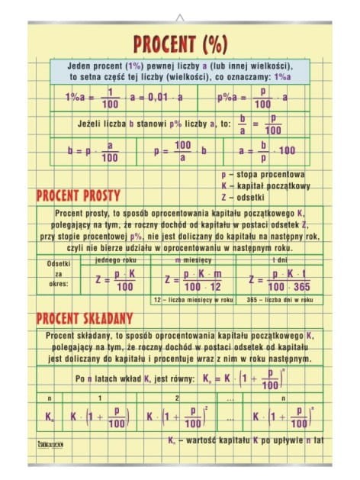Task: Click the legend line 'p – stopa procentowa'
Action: click(x=262, y=174)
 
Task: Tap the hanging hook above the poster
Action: click(x=180, y=17)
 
